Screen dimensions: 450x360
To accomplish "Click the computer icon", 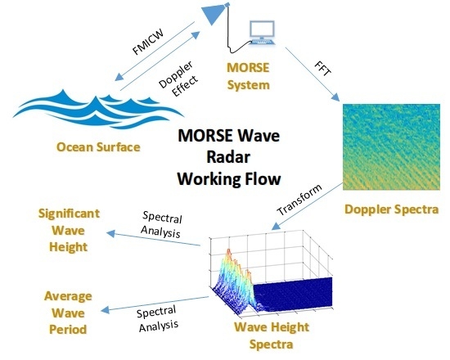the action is [x=262, y=33].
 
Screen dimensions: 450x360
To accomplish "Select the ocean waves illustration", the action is [x=98, y=110].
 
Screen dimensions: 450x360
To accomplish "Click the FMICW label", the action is [x=148, y=42].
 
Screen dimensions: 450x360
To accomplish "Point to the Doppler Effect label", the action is [x=178, y=79].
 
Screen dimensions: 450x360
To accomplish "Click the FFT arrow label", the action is [x=323, y=69].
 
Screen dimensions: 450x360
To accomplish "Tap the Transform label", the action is [x=299, y=200].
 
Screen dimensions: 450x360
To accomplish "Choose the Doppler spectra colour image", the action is [x=391, y=146].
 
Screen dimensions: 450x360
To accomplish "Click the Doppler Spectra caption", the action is [x=391, y=209].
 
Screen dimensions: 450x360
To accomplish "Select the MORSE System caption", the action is [x=248, y=76].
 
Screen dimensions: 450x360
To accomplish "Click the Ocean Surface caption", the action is [x=98, y=147].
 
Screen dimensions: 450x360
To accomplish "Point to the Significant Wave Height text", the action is [x=69, y=230].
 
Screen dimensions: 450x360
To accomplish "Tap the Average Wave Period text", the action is [x=68, y=313].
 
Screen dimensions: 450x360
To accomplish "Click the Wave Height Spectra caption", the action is [x=272, y=335].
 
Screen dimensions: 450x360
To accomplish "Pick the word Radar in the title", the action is [x=228, y=157].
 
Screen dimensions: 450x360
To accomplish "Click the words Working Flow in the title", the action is [x=229, y=179].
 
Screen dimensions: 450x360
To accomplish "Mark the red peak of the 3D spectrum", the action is [x=229, y=251].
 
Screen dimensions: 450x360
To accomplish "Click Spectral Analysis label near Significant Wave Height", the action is [x=161, y=225].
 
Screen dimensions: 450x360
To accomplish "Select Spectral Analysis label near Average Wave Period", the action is [x=158, y=318].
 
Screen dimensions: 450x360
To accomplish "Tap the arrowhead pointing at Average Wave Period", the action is [x=105, y=310].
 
